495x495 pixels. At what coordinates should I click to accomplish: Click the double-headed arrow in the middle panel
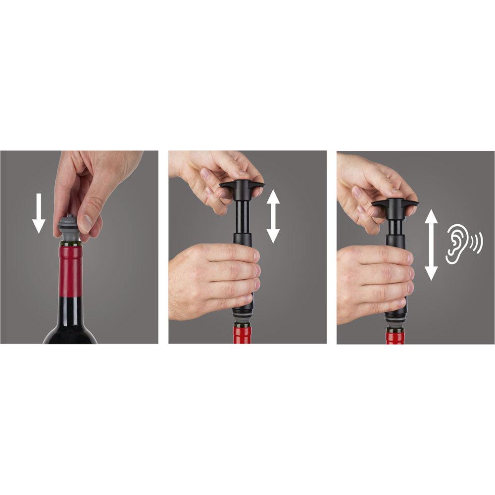point(273,216)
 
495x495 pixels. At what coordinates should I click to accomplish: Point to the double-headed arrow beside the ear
point(432,245)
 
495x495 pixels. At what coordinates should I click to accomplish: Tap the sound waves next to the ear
point(477,243)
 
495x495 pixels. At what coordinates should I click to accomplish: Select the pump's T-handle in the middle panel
point(242,187)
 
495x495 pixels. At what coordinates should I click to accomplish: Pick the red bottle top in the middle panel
point(243,334)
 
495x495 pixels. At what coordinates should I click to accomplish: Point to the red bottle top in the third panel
point(396,337)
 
